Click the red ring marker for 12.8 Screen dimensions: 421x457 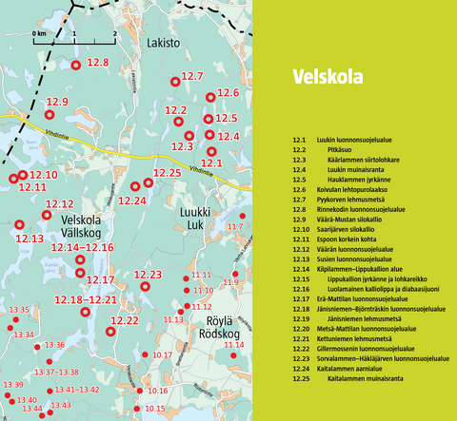pos(79,64)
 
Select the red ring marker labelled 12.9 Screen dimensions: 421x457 pos(50,115)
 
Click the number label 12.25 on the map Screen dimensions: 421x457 pos(167,173)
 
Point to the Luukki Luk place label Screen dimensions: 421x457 pos(193,220)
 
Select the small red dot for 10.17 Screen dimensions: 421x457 pos(146,354)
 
